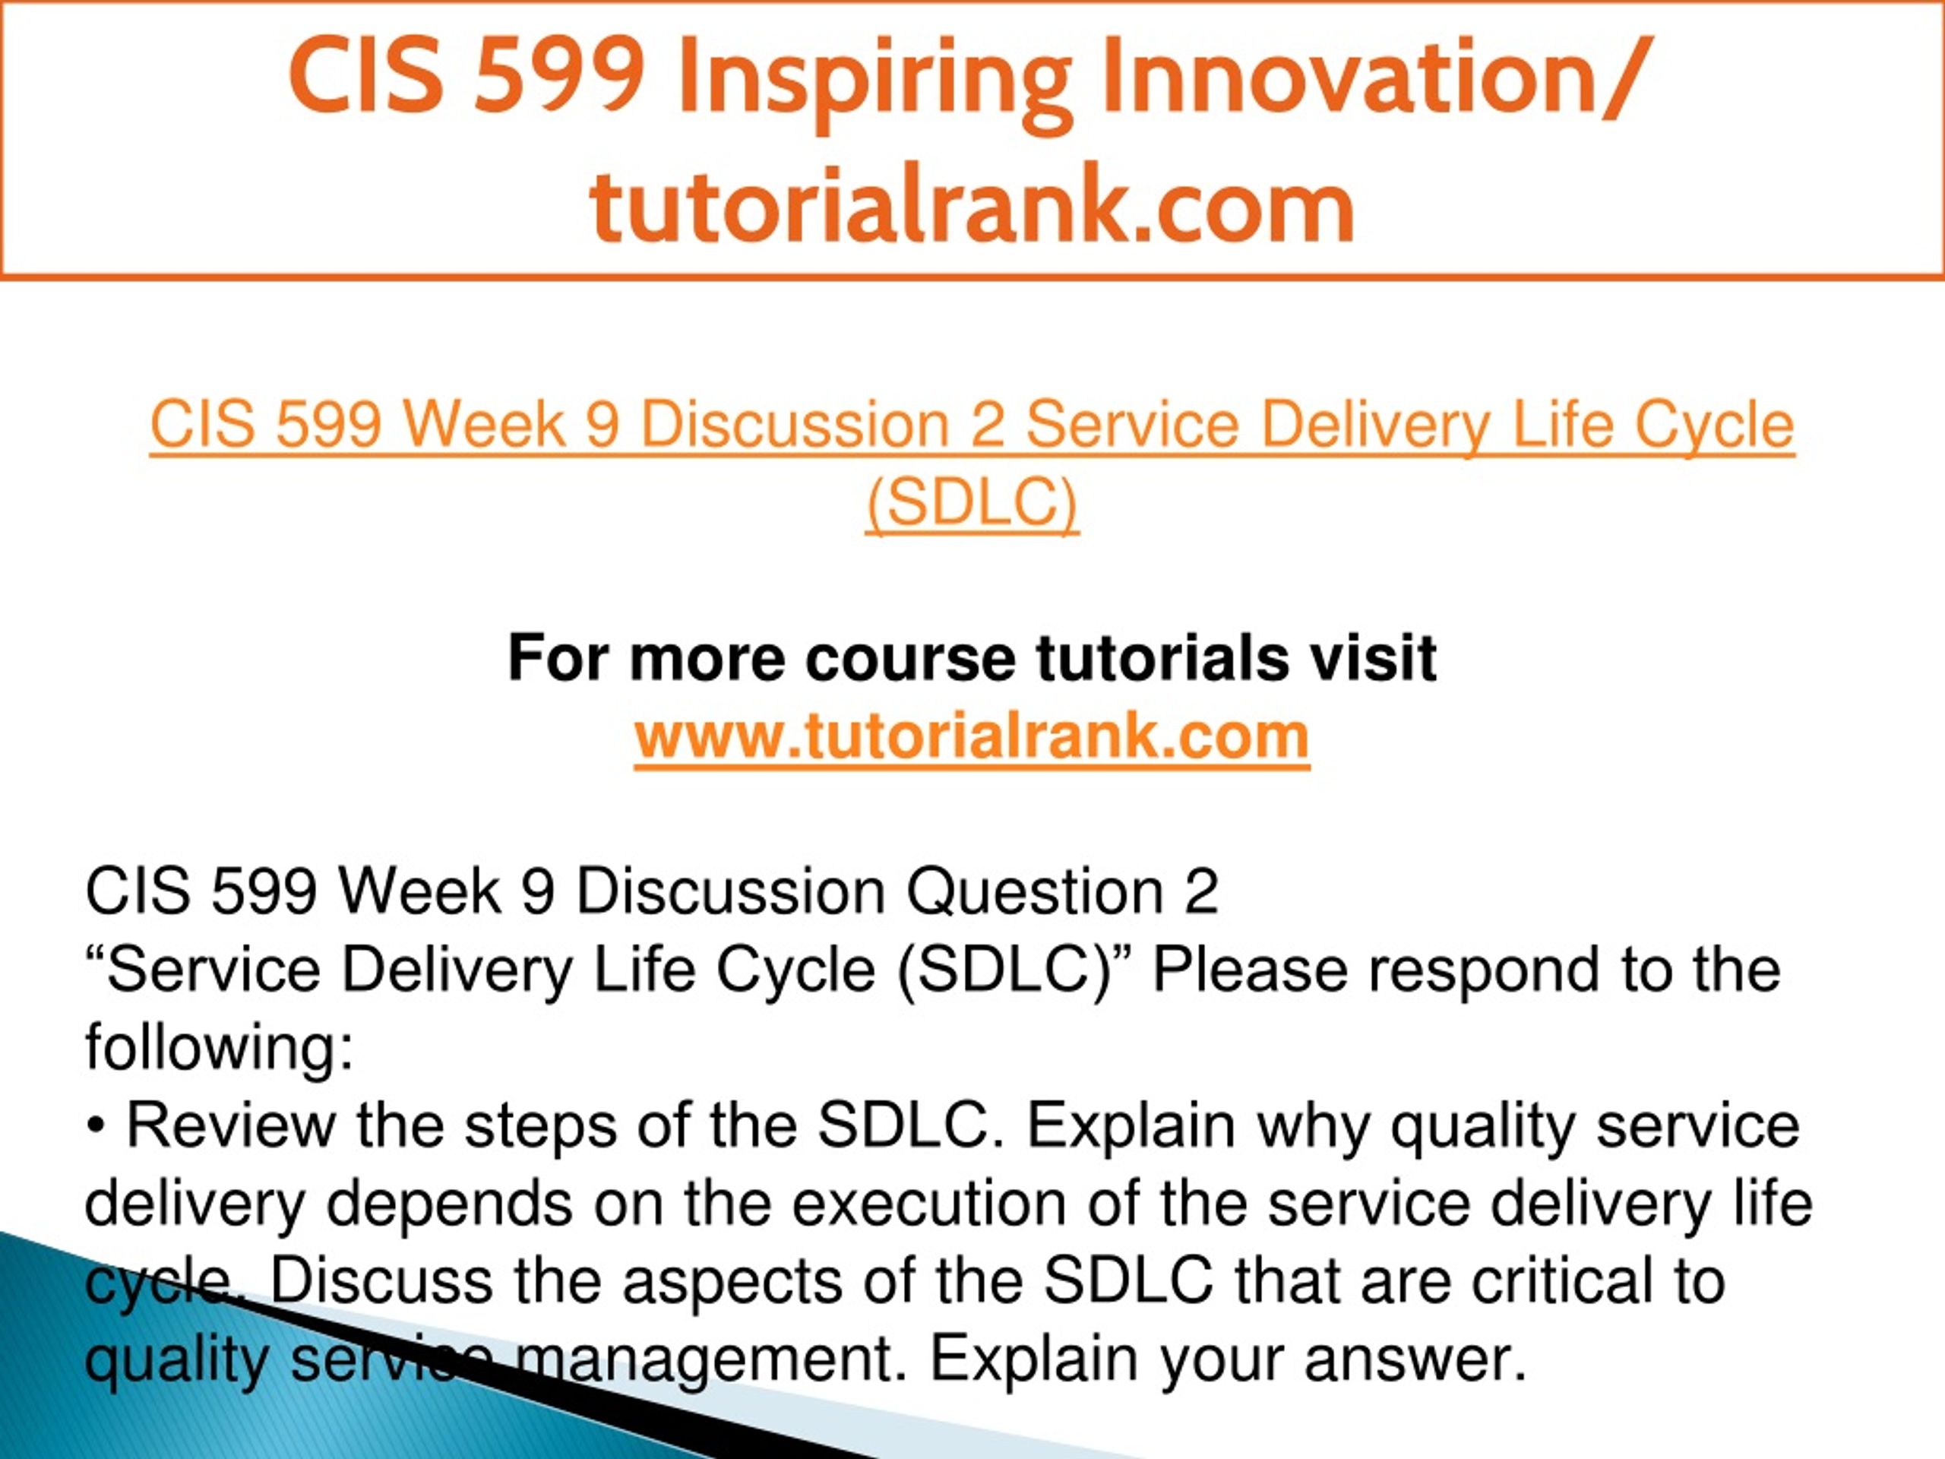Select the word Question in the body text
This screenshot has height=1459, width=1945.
pyautogui.click(x=1035, y=892)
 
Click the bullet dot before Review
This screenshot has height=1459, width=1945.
pyautogui.click(x=95, y=1128)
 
